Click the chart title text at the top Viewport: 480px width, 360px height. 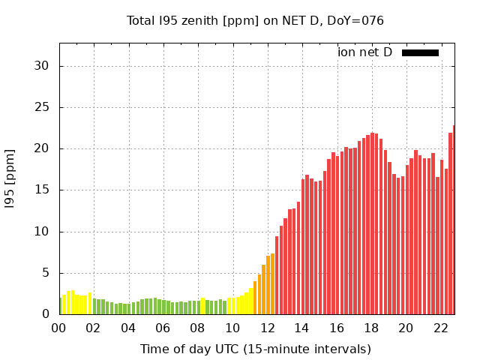pos(255,20)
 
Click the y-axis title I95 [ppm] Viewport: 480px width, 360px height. pos(10,178)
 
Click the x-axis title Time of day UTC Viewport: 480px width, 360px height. pos(255,349)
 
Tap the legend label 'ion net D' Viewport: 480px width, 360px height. pos(364,52)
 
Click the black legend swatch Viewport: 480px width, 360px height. pos(420,52)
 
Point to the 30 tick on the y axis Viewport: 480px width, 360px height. pos(41,66)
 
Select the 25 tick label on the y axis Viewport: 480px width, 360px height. pos(41,107)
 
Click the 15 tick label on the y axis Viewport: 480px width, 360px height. pos(41,190)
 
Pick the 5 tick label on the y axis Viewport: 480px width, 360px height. pos(45,273)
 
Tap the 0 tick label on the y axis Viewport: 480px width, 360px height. pos(45,314)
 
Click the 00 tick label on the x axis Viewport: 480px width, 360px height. pos(58,328)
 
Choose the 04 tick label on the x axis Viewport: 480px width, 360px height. pos(128,328)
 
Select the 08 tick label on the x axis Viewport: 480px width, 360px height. pos(197,328)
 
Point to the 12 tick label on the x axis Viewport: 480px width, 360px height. pos(267,328)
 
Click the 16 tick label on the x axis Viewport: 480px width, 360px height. pos(337,328)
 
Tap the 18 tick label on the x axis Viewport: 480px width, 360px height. pos(371,328)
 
